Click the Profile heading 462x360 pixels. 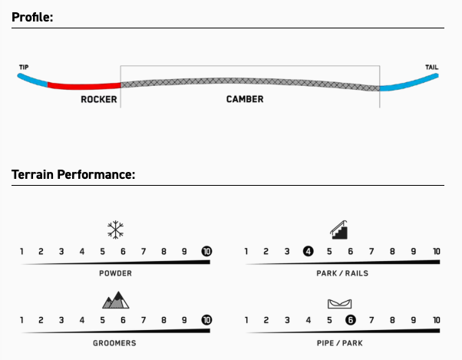point(32,16)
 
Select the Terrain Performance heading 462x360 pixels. point(74,174)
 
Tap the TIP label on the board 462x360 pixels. point(24,68)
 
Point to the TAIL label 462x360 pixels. point(432,68)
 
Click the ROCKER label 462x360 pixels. point(98,100)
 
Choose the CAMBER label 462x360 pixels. point(245,100)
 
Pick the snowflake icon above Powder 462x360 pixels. point(116,229)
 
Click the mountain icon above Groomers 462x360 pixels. point(115,299)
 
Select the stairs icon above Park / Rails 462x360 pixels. point(340,228)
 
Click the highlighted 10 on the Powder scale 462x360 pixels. point(206,251)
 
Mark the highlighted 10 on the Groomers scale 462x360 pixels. point(206,321)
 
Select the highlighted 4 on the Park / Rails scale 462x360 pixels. point(308,251)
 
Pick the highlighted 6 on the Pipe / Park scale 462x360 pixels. point(350,321)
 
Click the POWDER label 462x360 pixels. point(115,272)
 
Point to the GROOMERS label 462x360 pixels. point(115,342)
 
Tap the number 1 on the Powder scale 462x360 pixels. point(21,251)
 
